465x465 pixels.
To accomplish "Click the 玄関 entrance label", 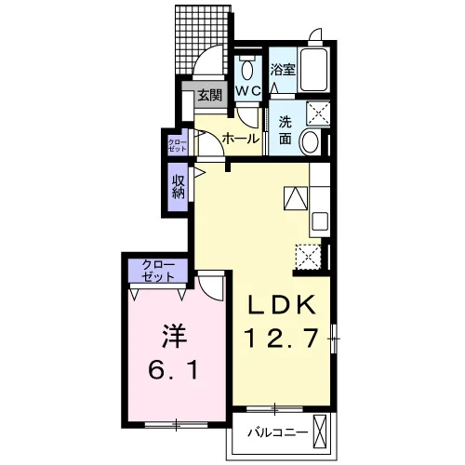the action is tap(210, 95).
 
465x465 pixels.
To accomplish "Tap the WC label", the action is tap(248, 91).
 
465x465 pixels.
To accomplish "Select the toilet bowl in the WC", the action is tap(247, 70).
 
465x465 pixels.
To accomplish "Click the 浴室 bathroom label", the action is tap(283, 70).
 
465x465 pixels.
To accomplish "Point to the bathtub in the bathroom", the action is tap(313, 70).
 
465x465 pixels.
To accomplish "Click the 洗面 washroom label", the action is tap(285, 130).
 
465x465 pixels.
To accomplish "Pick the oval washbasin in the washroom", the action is tap(311, 142).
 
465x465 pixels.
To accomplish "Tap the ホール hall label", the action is tap(241, 139).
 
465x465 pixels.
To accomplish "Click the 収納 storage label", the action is tap(179, 186).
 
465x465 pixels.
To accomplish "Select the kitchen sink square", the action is tap(320, 221).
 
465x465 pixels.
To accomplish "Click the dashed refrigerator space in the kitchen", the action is tap(308, 257).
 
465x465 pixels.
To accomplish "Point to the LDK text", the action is tap(281, 305).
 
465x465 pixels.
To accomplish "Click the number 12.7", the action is tap(281, 338).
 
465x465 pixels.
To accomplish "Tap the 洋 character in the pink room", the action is tap(174, 336).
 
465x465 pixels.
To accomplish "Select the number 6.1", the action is tap(173, 370).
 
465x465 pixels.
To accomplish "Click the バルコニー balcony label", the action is tap(278, 432).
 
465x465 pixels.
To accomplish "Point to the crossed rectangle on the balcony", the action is tap(320, 432).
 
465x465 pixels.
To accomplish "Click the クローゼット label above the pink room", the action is tap(158, 271).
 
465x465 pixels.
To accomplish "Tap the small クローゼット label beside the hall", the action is tap(178, 146).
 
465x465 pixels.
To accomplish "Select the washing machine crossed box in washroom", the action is tap(318, 113).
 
